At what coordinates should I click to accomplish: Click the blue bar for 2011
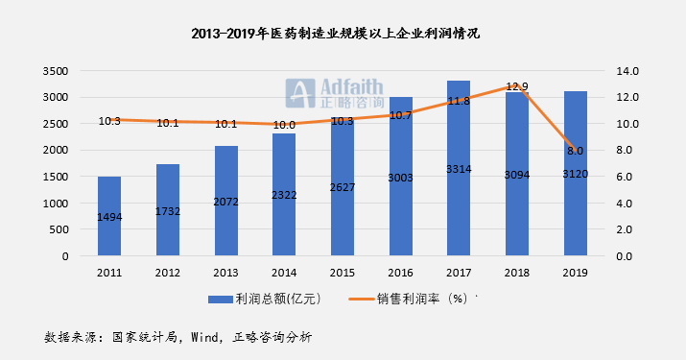(109, 216)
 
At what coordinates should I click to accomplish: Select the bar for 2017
(459, 168)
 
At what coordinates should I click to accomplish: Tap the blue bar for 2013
(225, 201)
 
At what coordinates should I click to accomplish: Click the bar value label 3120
(576, 175)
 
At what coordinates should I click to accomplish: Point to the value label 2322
(284, 195)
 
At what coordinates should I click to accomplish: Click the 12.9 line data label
(517, 86)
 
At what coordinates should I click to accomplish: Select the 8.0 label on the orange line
(576, 151)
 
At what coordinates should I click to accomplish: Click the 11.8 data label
(459, 101)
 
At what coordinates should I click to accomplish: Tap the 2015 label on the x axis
(343, 273)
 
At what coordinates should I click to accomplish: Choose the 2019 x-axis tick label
(576, 273)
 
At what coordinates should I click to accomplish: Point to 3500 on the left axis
(56, 71)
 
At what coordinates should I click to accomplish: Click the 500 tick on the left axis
(59, 229)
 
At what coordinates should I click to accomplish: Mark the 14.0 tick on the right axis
(627, 71)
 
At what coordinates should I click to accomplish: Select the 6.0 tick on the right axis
(625, 177)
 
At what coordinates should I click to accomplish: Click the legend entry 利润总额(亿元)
(265, 300)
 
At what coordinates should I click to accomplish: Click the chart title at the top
(336, 34)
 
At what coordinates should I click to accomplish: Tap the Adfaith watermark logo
(335, 93)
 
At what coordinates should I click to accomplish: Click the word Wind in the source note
(205, 337)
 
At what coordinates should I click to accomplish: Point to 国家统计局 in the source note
(145, 337)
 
